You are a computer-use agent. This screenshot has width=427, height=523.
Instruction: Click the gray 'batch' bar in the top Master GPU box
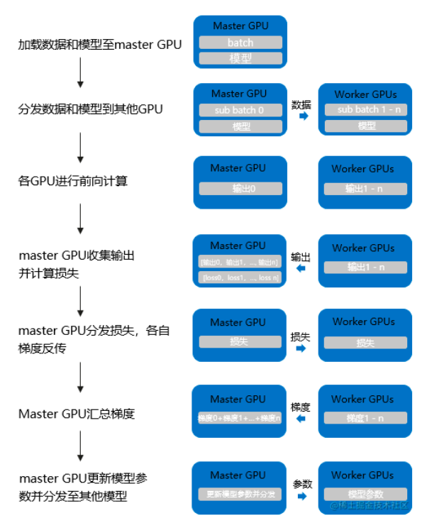point(240,43)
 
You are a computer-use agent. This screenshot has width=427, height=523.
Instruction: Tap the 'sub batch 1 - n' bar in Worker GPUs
point(367,110)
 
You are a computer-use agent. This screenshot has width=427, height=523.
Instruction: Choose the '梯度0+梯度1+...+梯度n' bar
point(239,419)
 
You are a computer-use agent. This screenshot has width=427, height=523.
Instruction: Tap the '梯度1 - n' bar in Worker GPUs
point(365,419)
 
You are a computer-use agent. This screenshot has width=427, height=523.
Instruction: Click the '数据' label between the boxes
point(301,104)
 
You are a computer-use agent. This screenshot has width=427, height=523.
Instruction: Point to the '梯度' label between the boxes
point(301,407)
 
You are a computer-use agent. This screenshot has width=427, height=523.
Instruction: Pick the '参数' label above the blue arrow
point(303,484)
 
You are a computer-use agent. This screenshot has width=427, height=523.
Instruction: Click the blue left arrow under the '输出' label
point(301,270)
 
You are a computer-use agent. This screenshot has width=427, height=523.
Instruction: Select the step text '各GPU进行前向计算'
point(73,181)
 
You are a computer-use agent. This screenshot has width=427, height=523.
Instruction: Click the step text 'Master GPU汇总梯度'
point(77,414)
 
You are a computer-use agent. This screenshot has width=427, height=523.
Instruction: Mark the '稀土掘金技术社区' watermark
point(369,506)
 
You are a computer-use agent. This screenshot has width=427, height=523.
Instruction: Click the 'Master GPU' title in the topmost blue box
point(240,26)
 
